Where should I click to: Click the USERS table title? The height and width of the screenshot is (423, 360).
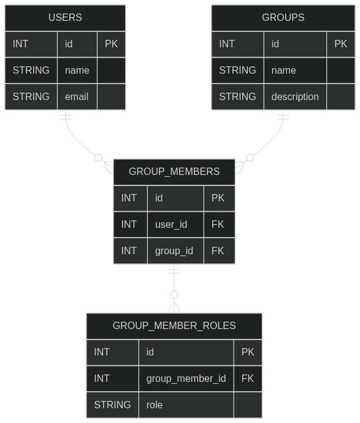(x=65, y=18)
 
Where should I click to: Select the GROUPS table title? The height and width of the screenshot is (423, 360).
(x=283, y=18)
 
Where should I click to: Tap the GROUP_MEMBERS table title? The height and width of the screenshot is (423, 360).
(x=174, y=171)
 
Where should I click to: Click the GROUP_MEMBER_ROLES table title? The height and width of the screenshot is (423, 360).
(x=174, y=325)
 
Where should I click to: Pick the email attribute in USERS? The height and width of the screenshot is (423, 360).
(x=77, y=96)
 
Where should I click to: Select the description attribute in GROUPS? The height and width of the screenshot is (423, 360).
(x=295, y=96)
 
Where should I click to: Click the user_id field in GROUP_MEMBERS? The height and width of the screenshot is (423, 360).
(x=171, y=225)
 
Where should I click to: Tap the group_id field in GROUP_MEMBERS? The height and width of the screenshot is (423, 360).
(x=174, y=251)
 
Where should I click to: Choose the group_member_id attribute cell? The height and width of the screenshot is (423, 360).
(x=186, y=378)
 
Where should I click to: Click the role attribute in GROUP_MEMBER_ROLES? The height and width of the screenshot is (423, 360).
(x=155, y=405)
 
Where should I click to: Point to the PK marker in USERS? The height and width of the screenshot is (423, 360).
(x=111, y=44)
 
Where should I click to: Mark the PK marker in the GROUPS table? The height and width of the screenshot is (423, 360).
(x=340, y=44)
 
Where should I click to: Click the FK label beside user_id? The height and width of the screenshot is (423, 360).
(x=218, y=225)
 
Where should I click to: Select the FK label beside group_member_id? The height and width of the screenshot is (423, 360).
(x=248, y=378)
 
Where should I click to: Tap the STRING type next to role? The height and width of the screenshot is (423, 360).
(x=112, y=405)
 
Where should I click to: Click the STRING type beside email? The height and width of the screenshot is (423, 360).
(x=31, y=96)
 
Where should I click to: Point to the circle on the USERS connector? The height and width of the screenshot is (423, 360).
(x=99, y=158)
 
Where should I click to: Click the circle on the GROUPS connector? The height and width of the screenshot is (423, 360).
(x=250, y=158)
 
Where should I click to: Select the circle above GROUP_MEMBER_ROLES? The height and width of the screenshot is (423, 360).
(x=174, y=295)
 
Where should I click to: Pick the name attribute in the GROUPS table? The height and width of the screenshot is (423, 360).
(x=284, y=71)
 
